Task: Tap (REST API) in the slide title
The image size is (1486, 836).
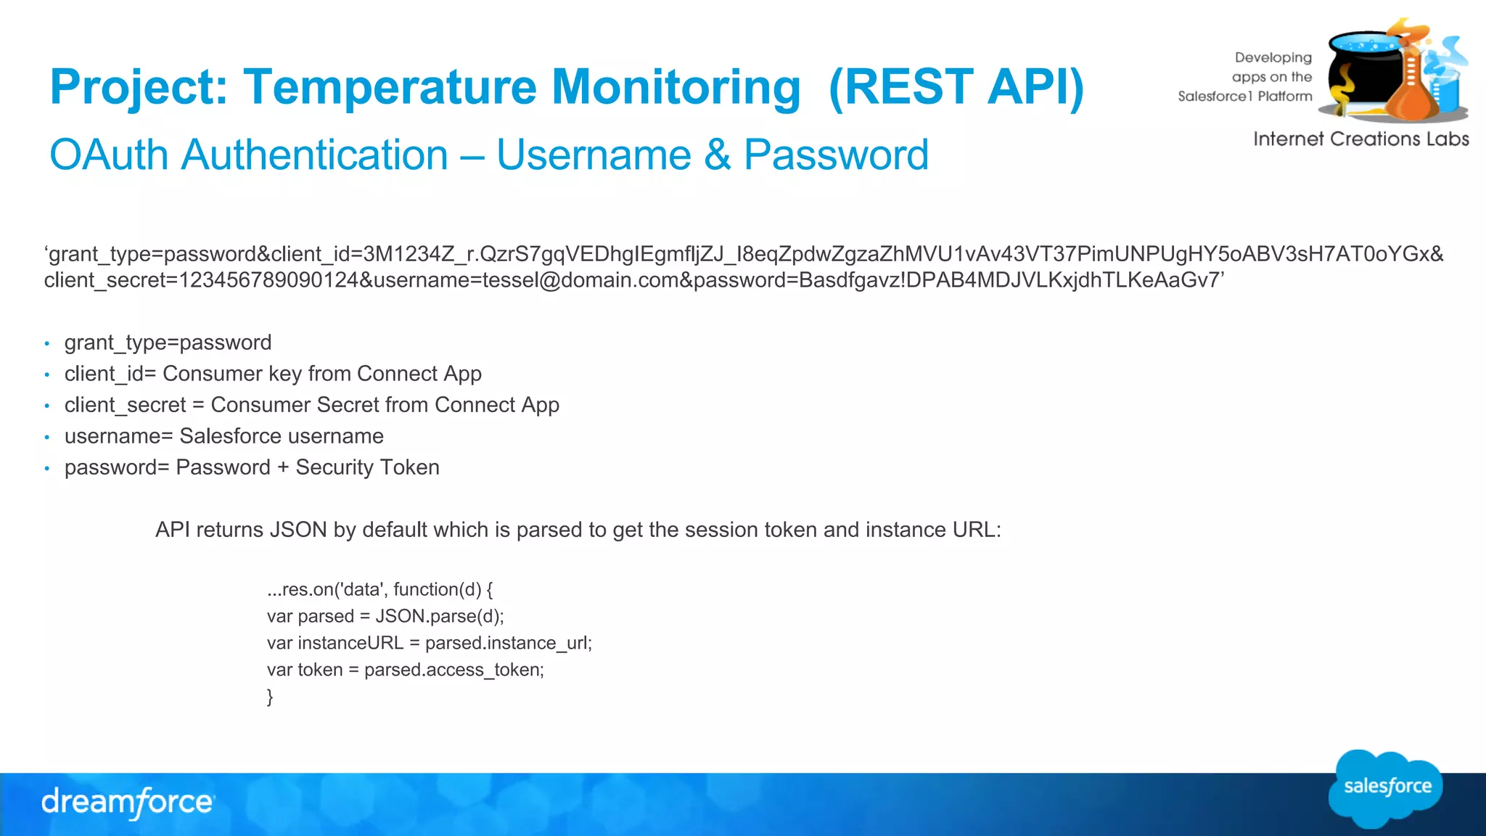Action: point(956,87)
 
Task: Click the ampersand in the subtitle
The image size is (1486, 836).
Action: point(718,155)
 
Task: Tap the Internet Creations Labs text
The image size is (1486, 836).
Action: point(1360,139)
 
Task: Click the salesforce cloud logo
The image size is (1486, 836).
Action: point(1386,787)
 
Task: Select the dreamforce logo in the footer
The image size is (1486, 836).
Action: point(128,802)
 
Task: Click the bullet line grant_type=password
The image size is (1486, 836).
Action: point(168,343)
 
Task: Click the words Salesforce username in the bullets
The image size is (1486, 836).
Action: point(282,436)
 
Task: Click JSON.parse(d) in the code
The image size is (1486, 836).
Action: point(438,616)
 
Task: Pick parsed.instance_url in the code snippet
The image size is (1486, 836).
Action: point(507,643)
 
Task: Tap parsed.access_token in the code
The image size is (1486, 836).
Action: point(453,670)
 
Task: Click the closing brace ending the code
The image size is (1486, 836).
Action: point(270,697)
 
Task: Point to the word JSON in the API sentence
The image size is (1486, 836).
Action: point(298,530)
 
